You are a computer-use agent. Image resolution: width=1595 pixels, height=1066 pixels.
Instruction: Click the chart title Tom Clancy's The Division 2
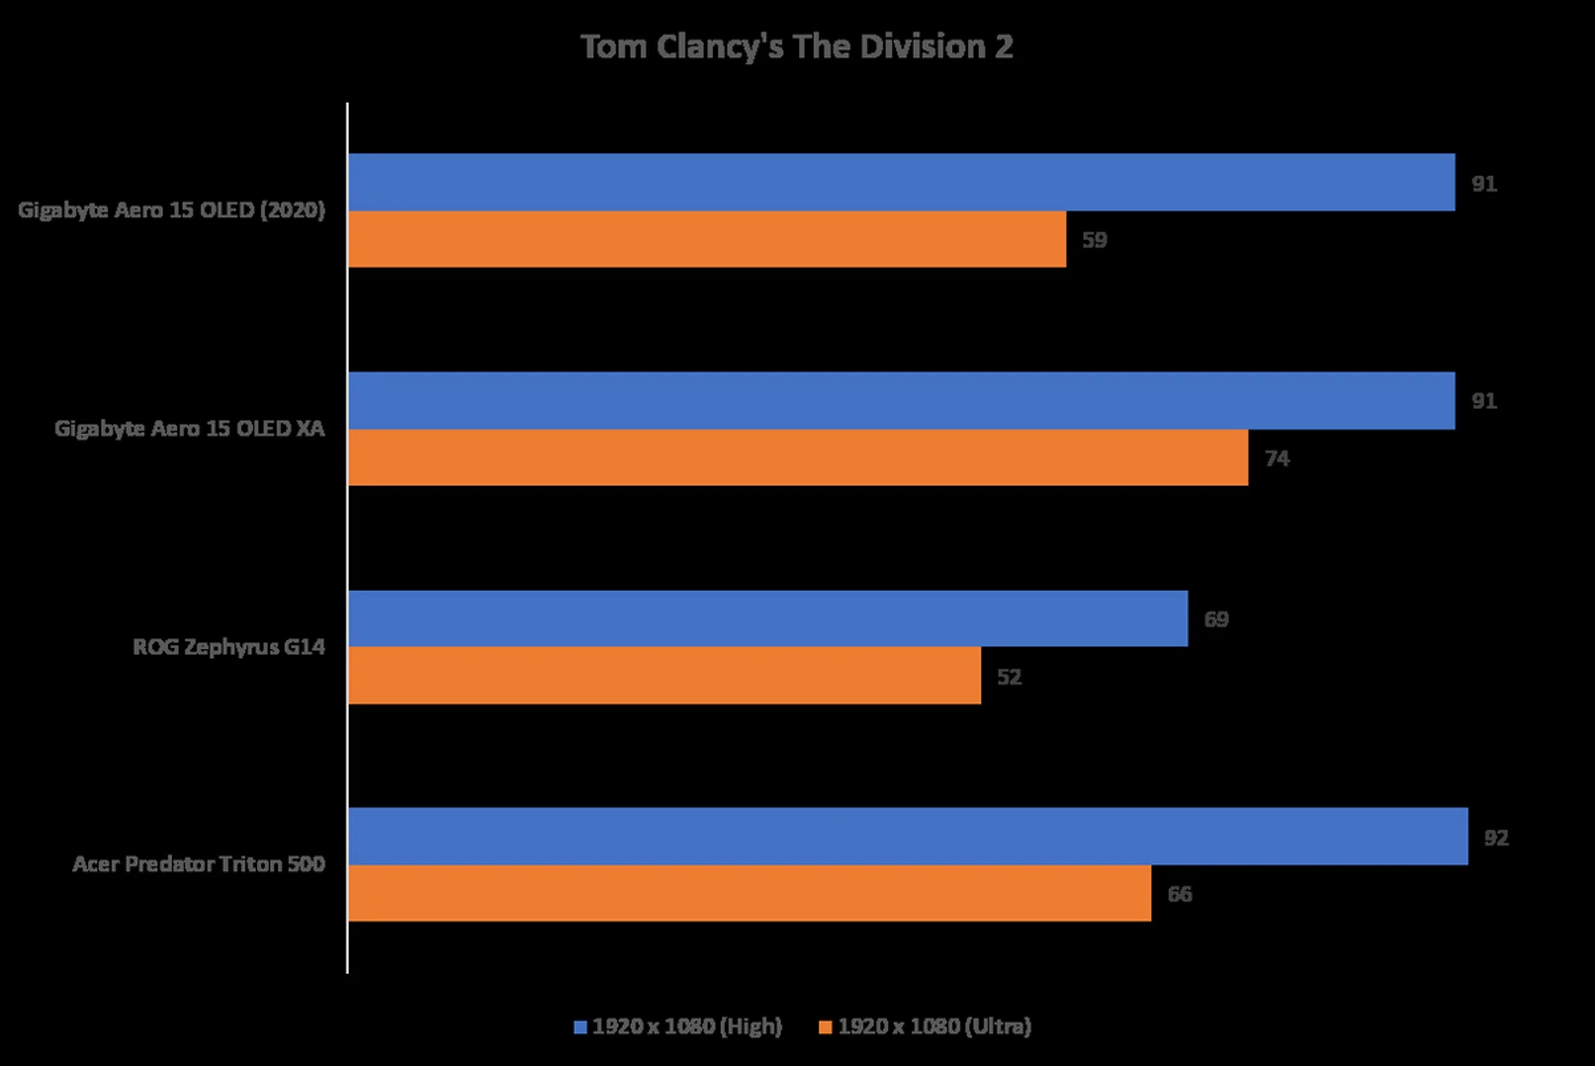coord(796,47)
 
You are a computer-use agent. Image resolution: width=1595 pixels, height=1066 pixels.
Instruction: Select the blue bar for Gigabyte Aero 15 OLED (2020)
coord(901,182)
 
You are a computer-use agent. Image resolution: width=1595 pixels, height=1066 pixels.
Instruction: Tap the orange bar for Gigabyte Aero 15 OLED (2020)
coord(707,239)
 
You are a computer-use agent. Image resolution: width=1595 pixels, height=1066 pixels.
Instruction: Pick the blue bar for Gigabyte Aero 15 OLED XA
coord(901,400)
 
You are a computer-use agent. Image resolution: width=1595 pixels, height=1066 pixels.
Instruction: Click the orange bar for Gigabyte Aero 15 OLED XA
coord(797,458)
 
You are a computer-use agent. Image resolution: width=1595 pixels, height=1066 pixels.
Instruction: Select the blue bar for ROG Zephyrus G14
coord(768,619)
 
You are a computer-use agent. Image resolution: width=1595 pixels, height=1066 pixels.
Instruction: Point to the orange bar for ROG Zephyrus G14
coord(665,675)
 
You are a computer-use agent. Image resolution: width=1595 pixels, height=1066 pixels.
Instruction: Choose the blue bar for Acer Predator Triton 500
coord(908,837)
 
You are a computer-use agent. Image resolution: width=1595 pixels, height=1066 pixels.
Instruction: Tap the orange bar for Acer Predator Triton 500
coord(749,893)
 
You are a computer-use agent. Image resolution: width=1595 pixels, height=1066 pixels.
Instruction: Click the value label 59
coord(1094,240)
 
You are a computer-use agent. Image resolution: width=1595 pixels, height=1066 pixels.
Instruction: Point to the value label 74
coord(1277,459)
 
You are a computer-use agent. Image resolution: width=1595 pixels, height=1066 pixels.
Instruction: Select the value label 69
coord(1216,620)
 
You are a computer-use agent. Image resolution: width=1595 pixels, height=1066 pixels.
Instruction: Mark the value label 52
coord(1009,677)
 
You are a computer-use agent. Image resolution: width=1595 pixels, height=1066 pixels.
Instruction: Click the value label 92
coord(1496,838)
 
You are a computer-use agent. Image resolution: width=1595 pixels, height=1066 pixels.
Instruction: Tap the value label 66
coord(1180,894)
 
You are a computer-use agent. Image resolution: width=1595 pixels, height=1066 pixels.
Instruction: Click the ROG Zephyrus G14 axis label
coord(228,646)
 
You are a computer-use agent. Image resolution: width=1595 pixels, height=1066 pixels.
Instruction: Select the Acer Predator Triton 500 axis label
coord(199,864)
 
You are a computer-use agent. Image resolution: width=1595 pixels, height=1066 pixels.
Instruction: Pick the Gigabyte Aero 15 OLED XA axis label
coord(189,428)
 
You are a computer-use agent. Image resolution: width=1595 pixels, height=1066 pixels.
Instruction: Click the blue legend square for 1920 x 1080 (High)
coord(581,1028)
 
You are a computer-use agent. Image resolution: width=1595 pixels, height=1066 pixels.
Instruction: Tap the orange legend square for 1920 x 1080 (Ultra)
coord(825,1028)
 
